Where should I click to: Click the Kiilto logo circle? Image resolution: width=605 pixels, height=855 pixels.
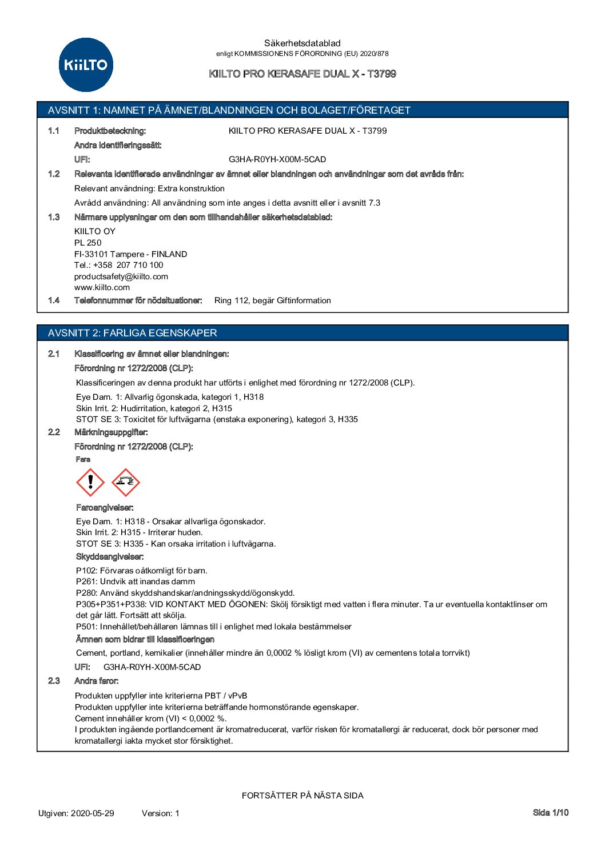point(86,65)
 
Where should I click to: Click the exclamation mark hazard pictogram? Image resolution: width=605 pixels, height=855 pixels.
point(90,483)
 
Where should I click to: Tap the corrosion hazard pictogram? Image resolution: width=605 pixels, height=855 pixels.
point(126,483)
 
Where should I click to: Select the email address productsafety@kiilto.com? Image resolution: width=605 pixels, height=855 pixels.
point(121,276)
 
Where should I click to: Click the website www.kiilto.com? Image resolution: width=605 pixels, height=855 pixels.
point(102,287)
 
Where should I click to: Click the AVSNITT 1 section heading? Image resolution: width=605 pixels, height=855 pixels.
point(229,110)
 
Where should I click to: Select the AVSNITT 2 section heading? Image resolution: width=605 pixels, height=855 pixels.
point(133,333)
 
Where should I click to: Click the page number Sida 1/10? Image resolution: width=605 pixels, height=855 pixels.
point(551,812)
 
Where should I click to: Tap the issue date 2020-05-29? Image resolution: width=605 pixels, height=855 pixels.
point(93,813)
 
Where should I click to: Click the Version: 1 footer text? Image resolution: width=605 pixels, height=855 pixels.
point(161,813)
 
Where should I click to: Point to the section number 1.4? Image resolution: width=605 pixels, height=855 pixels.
point(54,300)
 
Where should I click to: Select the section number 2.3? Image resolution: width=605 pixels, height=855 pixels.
point(54,681)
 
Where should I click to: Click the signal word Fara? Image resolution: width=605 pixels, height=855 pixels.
point(83,459)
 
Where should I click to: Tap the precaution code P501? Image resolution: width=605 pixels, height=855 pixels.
point(86,627)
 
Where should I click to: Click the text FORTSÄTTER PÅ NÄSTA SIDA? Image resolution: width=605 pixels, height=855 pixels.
point(302,796)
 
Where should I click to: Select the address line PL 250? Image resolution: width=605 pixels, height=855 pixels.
point(87,243)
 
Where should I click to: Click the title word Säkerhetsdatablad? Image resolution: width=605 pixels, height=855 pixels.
point(302,43)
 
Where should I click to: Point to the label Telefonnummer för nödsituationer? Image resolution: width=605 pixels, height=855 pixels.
point(138,300)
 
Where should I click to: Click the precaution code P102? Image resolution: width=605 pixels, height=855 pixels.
point(86,571)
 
